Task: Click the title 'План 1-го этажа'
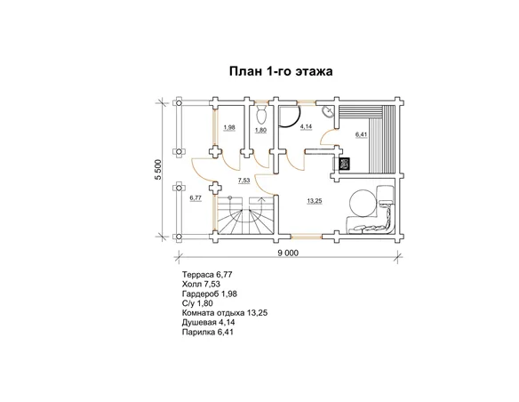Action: point(281,71)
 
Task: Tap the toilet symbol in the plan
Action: point(261,114)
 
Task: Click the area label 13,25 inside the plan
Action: point(315,201)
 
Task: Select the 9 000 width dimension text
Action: point(288,253)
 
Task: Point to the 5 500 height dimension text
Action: point(158,170)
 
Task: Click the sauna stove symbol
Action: point(345,164)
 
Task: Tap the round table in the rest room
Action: point(363,203)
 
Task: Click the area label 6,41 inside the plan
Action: point(361,134)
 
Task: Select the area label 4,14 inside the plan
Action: point(307,126)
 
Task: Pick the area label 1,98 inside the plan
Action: point(229,127)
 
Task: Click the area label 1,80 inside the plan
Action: point(260,130)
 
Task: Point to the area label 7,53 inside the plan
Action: point(244,181)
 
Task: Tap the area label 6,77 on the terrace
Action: point(196,198)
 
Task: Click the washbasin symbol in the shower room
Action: point(328,111)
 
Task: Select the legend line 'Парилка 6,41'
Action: point(208,332)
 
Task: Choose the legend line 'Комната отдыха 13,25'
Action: point(225,312)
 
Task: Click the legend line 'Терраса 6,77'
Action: point(207,275)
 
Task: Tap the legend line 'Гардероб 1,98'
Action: point(209,293)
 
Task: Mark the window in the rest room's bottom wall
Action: point(307,237)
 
